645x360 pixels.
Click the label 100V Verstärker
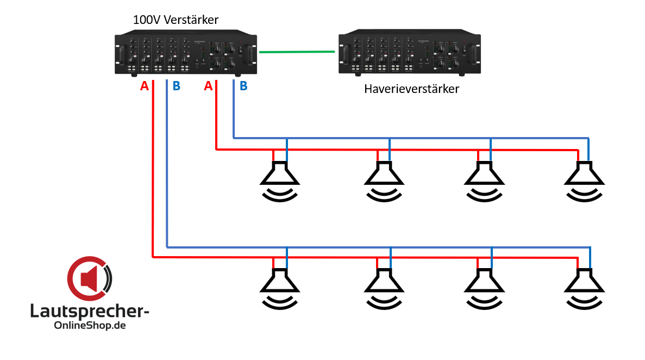[x=176, y=20]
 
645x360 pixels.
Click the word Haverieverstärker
[x=411, y=89]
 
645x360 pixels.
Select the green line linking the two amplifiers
[x=297, y=52]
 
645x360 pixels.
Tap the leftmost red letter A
[x=144, y=86]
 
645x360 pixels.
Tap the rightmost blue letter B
[x=243, y=86]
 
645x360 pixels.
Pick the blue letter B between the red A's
[x=177, y=86]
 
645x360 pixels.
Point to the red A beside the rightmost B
[x=208, y=86]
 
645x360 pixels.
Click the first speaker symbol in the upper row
[x=279, y=179]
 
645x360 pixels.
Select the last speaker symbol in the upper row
[x=584, y=179]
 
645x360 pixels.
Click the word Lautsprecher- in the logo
[x=90, y=312]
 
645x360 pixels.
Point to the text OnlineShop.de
[x=90, y=326]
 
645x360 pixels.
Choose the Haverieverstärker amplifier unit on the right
[x=410, y=54]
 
